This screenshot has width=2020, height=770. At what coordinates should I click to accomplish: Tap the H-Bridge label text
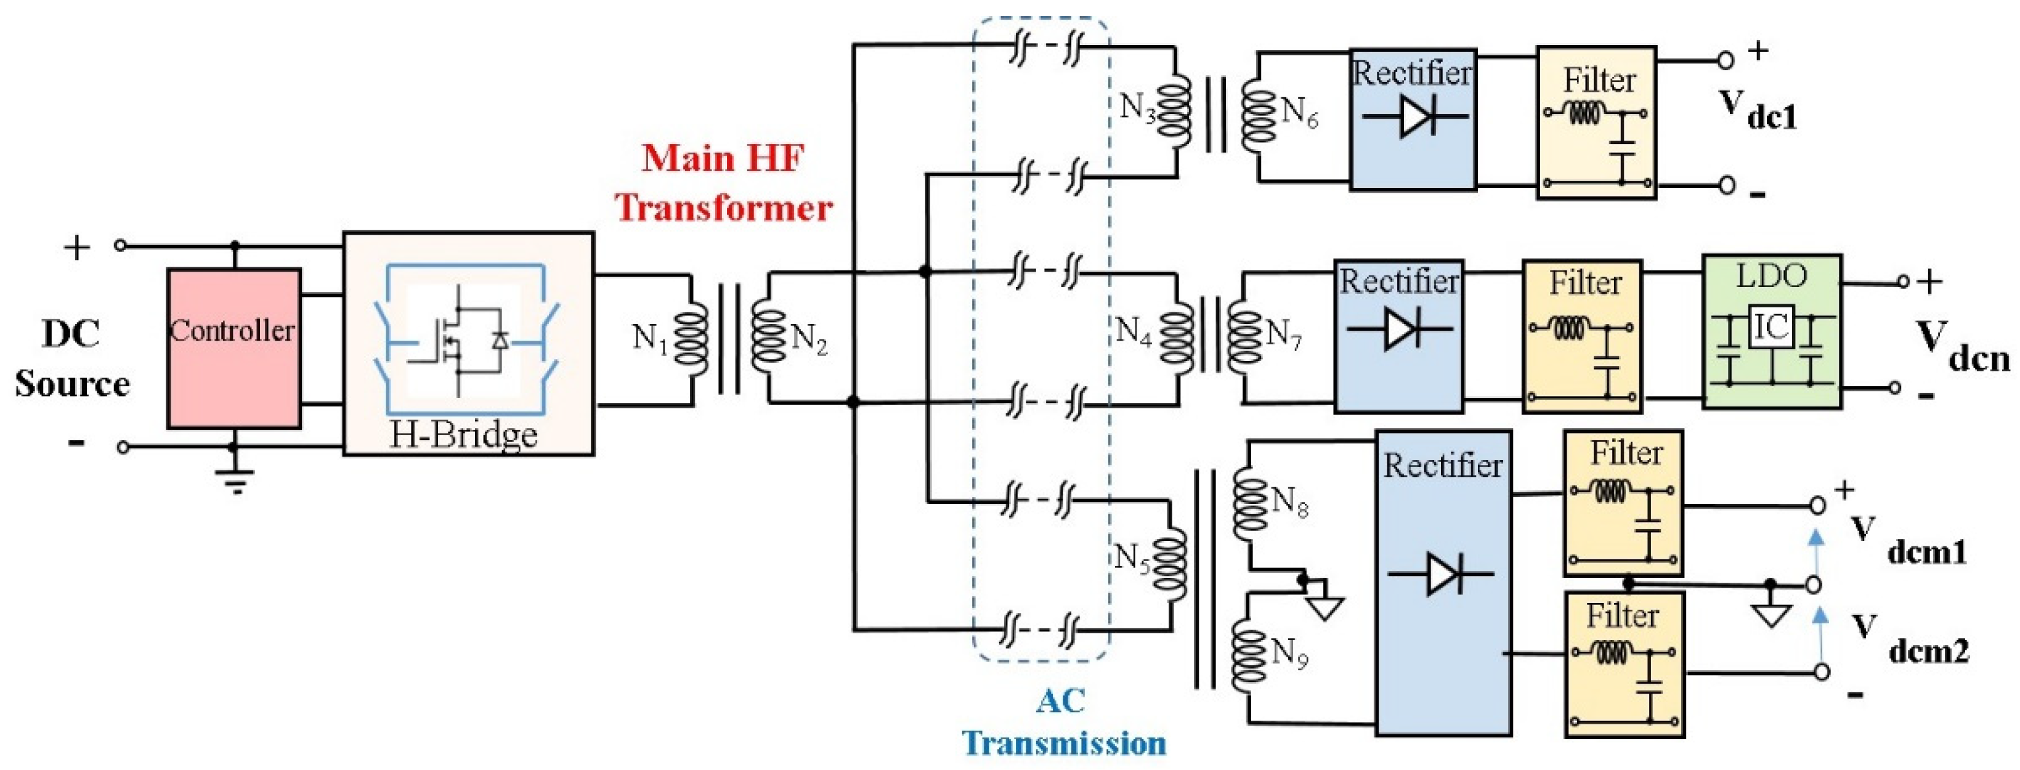(463, 434)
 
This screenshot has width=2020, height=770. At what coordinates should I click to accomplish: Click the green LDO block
(1771, 331)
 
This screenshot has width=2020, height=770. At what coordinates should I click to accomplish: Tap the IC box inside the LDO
(1771, 327)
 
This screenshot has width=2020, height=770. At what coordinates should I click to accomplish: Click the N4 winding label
(1135, 331)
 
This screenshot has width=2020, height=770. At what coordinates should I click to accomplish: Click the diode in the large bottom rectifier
(1442, 575)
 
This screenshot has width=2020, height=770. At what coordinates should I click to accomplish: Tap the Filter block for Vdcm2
(1624, 663)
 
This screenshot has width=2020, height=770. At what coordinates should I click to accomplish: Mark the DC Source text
(71, 359)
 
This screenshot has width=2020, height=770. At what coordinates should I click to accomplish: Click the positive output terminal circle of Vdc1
(1724, 60)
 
